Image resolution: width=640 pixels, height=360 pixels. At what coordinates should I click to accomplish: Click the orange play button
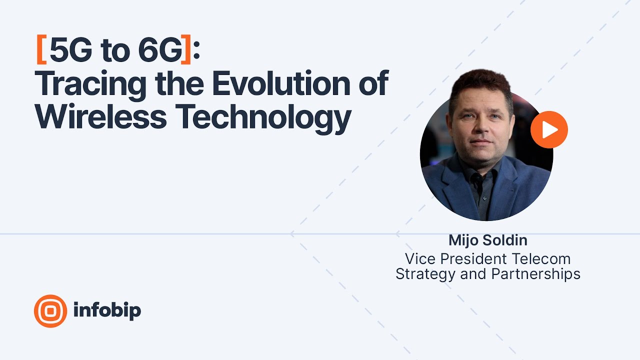[x=549, y=130]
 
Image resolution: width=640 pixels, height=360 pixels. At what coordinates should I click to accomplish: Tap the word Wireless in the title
[x=100, y=116]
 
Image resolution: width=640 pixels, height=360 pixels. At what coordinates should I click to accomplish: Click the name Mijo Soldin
[x=487, y=240]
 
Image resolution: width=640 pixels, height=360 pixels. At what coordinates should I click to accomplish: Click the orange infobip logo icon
[x=50, y=311]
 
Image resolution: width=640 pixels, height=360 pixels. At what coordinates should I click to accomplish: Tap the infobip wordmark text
[x=107, y=310]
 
